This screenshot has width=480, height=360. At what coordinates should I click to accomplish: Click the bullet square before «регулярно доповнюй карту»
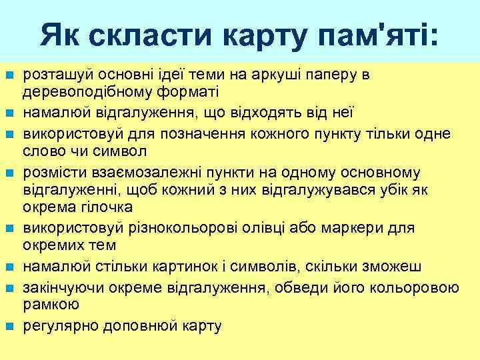pos(9,327)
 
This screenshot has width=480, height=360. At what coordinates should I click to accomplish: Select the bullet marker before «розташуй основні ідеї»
pos(9,74)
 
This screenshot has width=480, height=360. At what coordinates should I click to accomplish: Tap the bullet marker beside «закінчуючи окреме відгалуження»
pos(9,289)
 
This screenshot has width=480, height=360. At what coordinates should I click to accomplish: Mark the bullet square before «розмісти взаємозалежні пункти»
pos(9,173)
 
